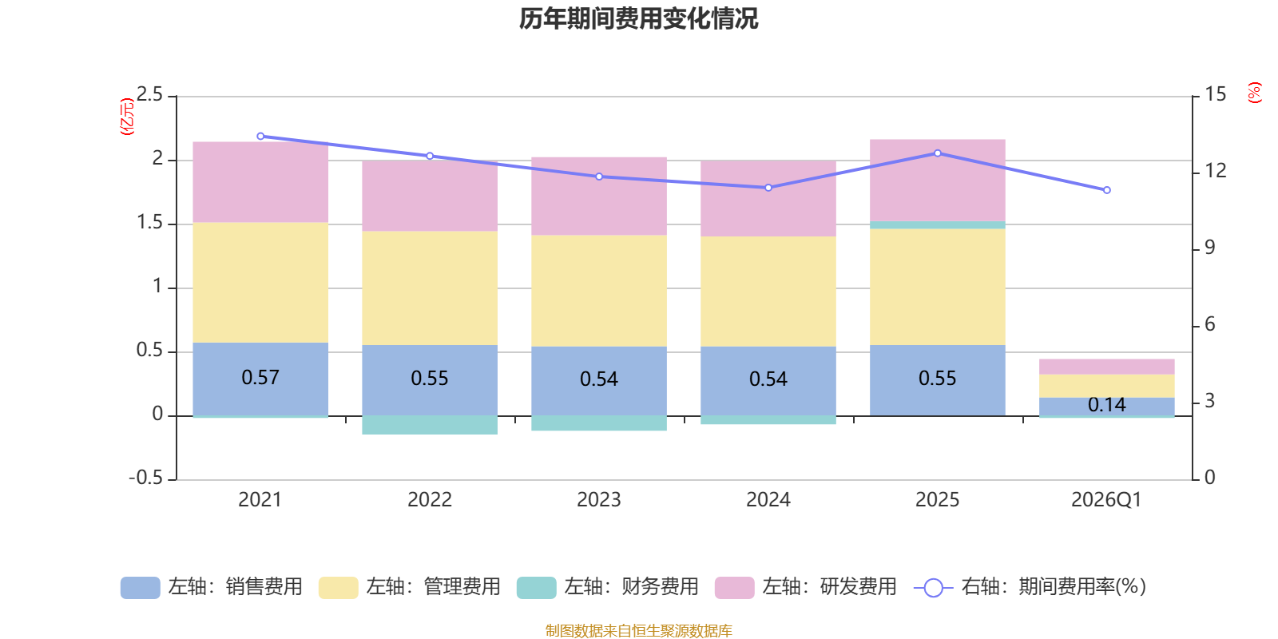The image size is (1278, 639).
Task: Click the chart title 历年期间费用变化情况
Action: (x=638, y=18)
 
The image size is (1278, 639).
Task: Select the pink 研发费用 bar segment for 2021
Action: (x=260, y=182)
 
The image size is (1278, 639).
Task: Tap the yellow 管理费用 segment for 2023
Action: (x=599, y=291)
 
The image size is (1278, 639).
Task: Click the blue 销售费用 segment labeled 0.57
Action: (x=260, y=378)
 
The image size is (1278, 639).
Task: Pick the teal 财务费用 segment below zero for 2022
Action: (x=430, y=425)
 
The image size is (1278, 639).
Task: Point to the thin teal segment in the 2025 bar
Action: (x=938, y=225)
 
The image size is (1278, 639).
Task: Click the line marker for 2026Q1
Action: (x=1107, y=190)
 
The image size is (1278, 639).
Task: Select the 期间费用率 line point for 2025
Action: (x=938, y=153)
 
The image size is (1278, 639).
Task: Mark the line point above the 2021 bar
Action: (x=260, y=137)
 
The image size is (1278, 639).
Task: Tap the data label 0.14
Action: (x=1107, y=405)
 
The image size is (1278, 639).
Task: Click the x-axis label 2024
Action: (x=768, y=500)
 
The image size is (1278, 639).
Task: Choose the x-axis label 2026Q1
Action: (x=1106, y=500)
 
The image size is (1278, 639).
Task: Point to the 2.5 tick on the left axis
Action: (x=149, y=95)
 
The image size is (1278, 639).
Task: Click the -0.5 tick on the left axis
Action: (x=146, y=478)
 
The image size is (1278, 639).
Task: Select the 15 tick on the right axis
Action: (x=1216, y=95)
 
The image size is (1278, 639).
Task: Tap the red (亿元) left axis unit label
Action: (x=126, y=117)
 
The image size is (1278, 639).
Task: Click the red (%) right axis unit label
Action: (x=1254, y=93)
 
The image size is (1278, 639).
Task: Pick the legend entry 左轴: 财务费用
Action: (x=608, y=587)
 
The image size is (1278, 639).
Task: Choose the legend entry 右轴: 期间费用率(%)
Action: (x=1030, y=587)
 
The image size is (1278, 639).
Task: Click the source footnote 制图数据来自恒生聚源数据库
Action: (x=638, y=631)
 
